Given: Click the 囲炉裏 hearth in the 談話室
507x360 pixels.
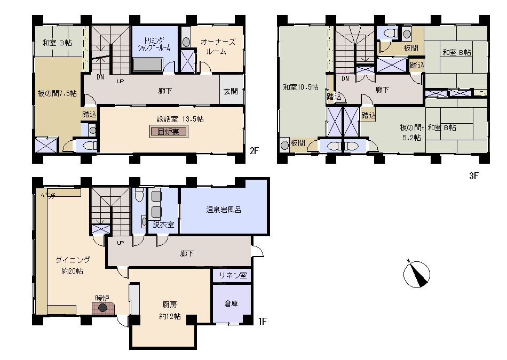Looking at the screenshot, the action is [x=169, y=132].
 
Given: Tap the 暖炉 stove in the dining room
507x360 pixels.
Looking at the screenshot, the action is [x=103, y=308].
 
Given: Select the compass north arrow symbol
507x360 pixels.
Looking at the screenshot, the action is [x=416, y=274].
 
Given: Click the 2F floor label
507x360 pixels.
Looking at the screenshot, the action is [x=255, y=151].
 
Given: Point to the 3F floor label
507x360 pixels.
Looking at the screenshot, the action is [x=474, y=176].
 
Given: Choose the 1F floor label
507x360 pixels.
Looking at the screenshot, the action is [x=263, y=322].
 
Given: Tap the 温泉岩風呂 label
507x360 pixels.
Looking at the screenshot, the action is [x=224, y=210].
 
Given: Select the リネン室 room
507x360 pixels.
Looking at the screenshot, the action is [x=232, y=275].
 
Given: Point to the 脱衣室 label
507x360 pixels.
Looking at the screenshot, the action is [x=163, y=225].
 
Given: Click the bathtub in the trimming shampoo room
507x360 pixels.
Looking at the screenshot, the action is [x=148, y=65].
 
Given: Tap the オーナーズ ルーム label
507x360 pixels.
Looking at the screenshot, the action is [x=218, y=46].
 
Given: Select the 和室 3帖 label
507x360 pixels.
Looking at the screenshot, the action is [x=57, y=43].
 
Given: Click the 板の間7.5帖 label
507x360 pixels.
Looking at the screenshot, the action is [x=57, y=94].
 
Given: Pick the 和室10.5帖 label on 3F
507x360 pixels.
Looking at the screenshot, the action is [x=300, y=87].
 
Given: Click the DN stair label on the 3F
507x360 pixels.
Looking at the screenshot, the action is [x=345, y=78].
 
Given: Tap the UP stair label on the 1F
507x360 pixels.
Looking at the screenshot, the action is [x=120, y=243].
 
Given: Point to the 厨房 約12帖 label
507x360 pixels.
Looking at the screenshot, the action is [x=170, y=310].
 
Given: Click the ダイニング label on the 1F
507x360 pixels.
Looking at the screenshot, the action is [x=73, y=260].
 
